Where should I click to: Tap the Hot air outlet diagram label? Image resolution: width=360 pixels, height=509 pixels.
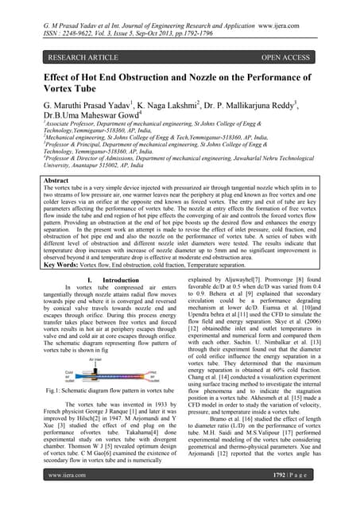coord(156,375)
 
